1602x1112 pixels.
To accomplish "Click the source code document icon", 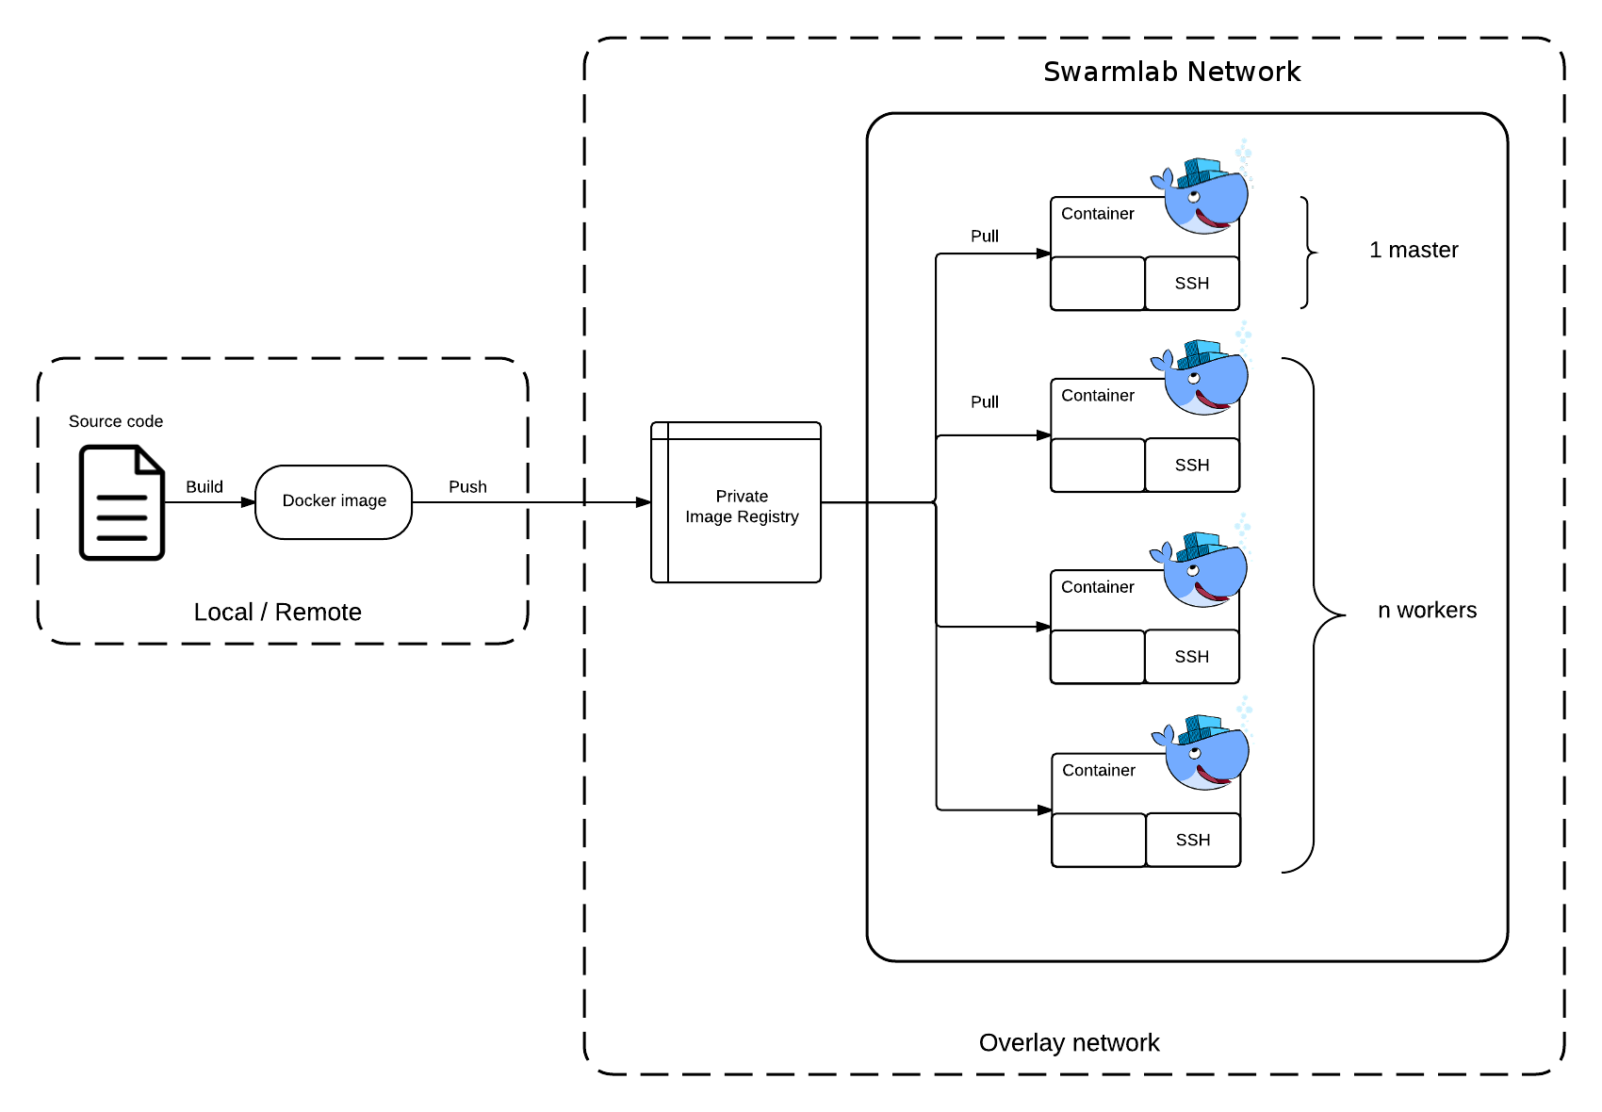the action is [x=122, y=502].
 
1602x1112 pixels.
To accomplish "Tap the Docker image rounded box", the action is [x=334, y=502].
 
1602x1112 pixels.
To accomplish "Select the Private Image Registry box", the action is [x=736, y=502].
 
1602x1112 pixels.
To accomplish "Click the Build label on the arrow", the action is [x=204, y=487].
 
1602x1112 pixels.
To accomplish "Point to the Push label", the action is [x=467, y=487].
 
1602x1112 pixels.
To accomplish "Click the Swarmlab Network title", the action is [x=1171, y=72].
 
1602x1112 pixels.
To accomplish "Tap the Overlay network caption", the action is [x=1070, y=1042].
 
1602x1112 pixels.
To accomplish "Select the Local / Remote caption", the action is [x=277, y=613].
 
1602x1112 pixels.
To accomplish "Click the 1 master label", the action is [x=1414, y=250].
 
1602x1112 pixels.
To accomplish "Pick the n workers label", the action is [x=1427, y=610].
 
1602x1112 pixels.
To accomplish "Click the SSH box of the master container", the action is [x=1192, y=284].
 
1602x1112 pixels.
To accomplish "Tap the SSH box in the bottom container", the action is [x=1194, y=840].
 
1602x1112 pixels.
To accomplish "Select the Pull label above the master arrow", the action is [x=985, y=236].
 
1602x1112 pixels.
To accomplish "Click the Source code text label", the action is [x=116, y=421].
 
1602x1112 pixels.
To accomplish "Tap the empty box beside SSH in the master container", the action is [x=1098, y=284].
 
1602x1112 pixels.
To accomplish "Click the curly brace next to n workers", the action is [x=1314, y=615].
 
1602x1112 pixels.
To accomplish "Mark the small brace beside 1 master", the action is [x=1308, y=252].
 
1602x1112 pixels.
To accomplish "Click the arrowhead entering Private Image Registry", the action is [x=643, y=502].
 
